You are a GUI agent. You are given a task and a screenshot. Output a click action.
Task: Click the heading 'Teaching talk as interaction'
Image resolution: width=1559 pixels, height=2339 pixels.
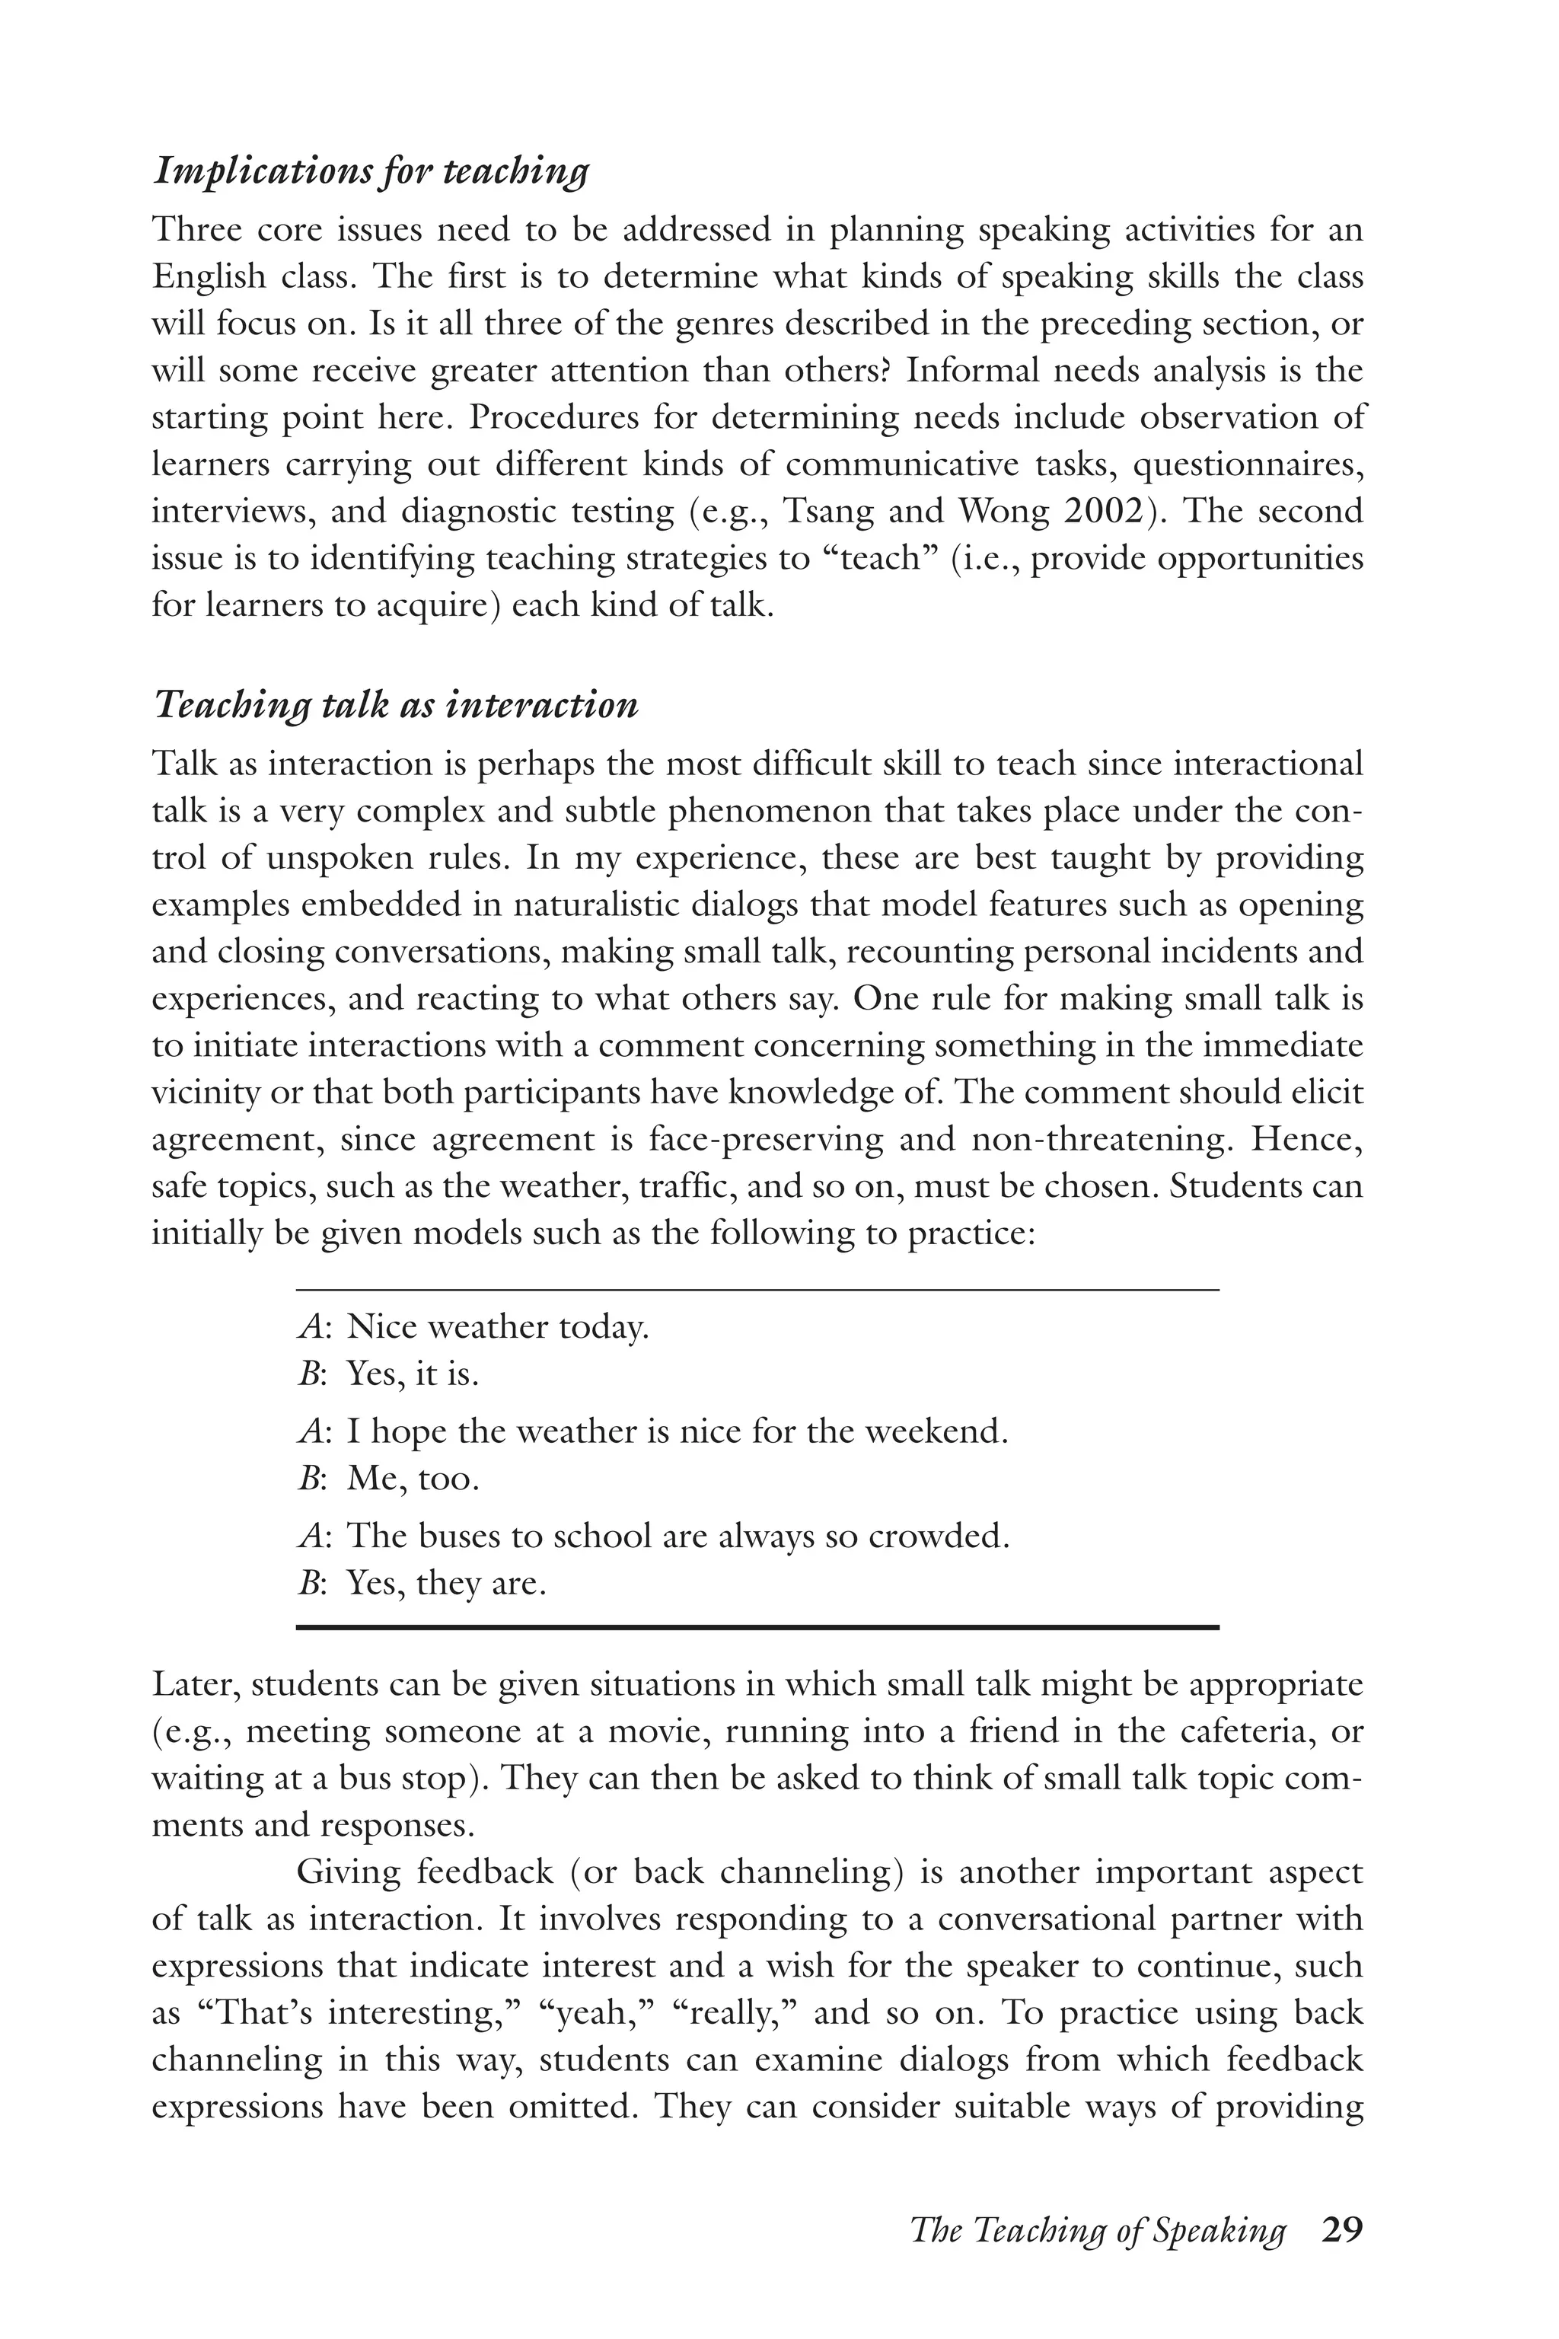395,706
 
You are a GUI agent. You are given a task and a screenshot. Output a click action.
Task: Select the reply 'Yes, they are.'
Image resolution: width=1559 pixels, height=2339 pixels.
446,1583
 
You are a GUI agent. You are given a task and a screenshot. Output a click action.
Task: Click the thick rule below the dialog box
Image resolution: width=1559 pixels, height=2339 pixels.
757,1628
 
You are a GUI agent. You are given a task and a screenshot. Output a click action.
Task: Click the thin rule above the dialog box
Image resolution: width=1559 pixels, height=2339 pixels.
757,1290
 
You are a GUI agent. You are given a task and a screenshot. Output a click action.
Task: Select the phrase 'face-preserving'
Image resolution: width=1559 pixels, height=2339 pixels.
764,1140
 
